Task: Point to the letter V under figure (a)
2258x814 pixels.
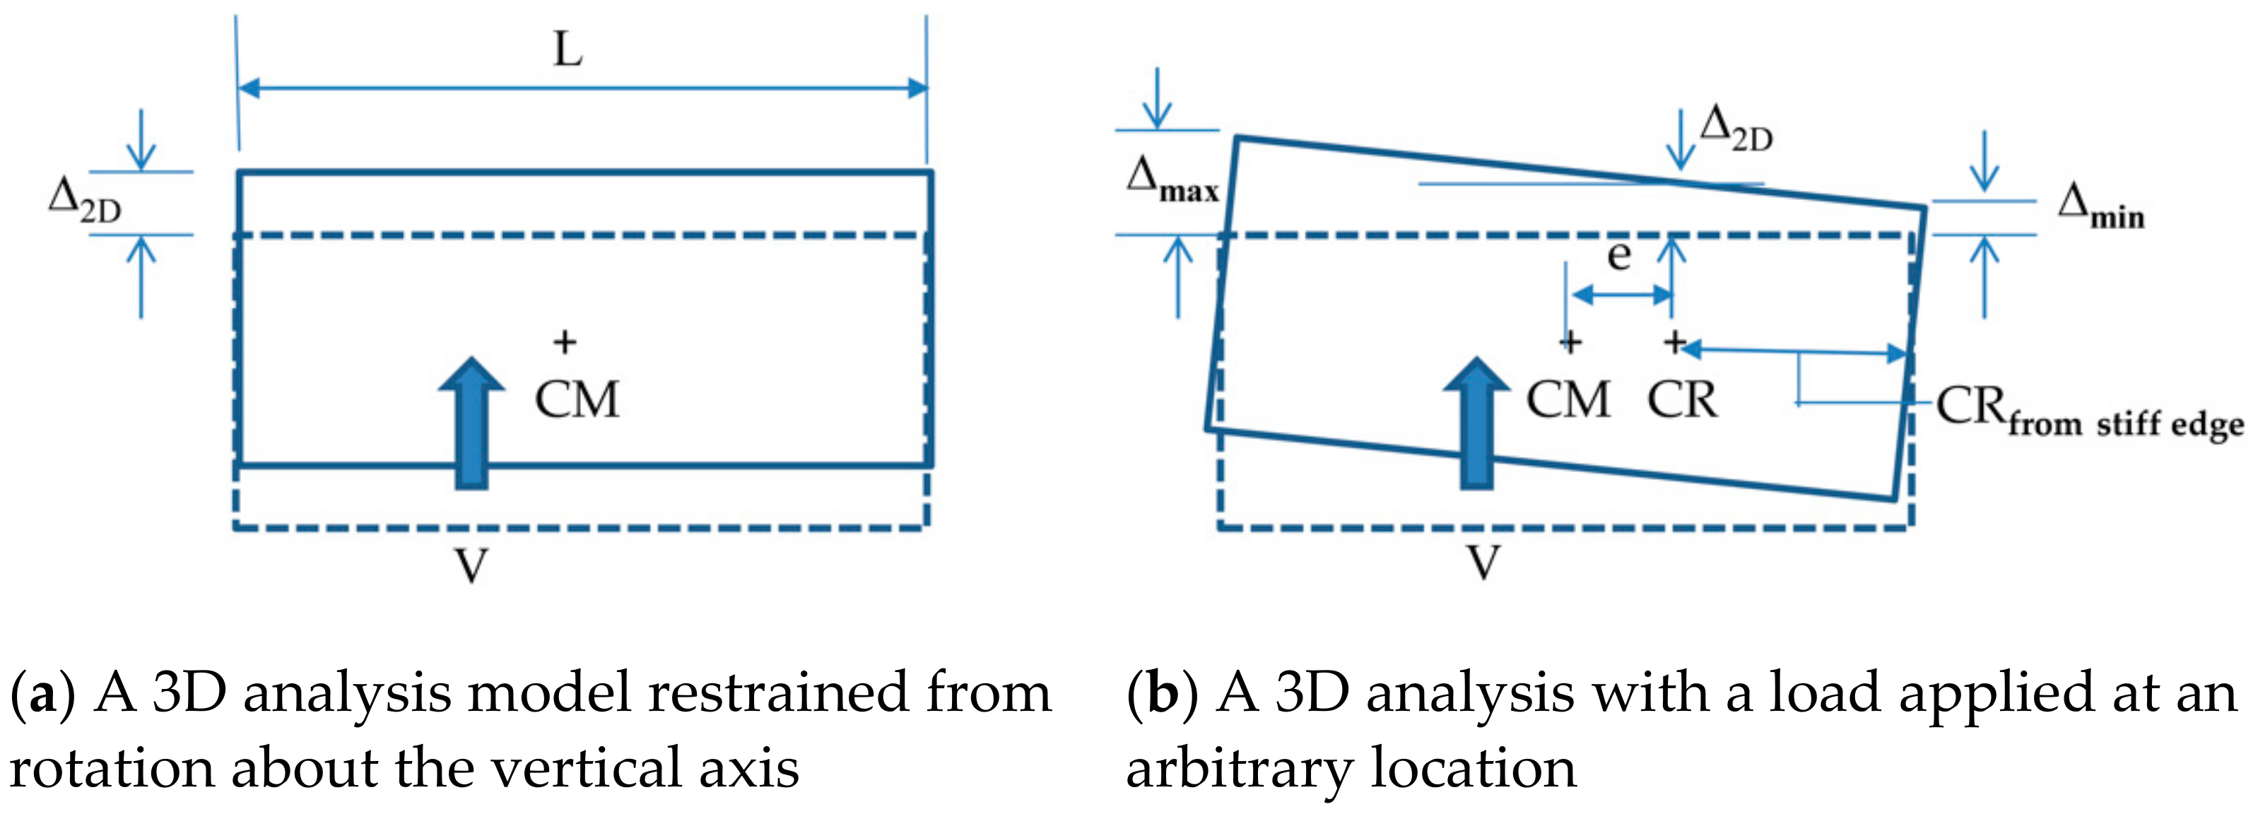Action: click(x=471, y=565)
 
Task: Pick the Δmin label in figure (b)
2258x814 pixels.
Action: click(x=2100, y=208)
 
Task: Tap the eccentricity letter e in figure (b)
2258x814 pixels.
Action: click(x=1619, y=255)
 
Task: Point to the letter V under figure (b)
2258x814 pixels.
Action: click(x=1483, y=562)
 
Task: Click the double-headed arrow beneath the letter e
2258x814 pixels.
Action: click(x=1622, y=295)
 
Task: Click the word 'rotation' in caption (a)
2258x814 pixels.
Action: click(x=110, y=769)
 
